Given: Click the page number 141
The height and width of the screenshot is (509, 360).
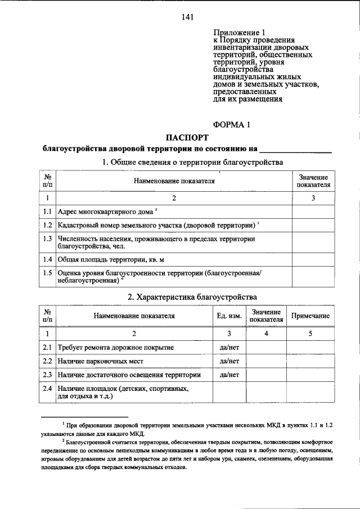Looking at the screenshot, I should click(x=187, y=17).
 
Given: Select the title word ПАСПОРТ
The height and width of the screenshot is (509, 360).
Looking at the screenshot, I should click(x=187, y=137).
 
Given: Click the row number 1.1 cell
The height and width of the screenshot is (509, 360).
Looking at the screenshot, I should click(x=48, y=212).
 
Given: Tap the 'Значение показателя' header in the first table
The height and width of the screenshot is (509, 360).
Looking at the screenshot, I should click(x=313, y=181).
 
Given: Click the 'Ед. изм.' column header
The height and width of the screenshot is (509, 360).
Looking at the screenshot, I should click(x=229, y=316).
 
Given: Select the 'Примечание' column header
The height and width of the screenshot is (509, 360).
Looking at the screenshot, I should click(x=310, y=316).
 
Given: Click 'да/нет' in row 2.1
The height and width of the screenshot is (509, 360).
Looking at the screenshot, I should click(x=229, y=348).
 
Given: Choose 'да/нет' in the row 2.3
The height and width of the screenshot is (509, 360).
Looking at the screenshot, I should click(x=229, y=374).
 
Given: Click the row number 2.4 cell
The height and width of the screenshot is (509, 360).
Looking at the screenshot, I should click(x=48, y=389).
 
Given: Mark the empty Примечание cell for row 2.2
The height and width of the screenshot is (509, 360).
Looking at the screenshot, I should click(x=310, y=361).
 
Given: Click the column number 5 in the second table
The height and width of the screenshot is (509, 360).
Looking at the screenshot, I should click(x=310, y=334).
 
